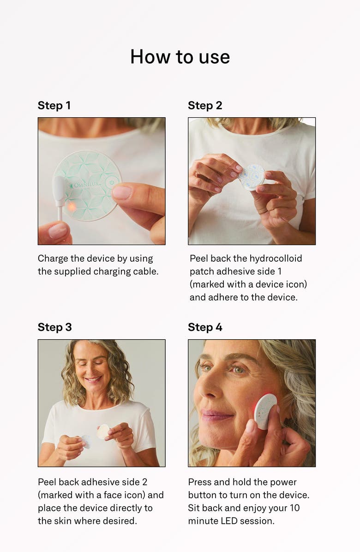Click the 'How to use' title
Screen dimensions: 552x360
(x=180, y=57)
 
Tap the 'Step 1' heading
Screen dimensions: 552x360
(x=54, y=105)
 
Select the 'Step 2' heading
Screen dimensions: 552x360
(x=205, y=105)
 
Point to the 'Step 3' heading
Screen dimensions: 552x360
(x=54, y=327)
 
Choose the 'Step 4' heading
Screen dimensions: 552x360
(x=205, y=327)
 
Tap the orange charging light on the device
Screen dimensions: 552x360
(x=72, y=207)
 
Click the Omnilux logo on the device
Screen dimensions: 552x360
(x=85, y=186)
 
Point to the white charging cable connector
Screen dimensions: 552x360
(x=60, y=191)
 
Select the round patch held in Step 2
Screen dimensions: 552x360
(x=252, y=177)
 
